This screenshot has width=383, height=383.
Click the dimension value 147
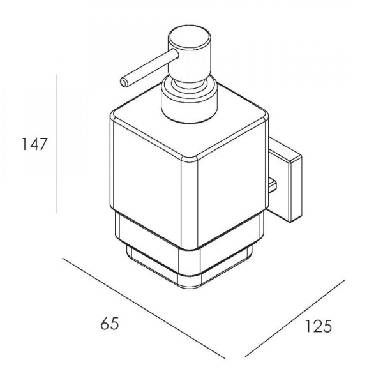point(34,144)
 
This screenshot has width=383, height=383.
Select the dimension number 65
point(110,324)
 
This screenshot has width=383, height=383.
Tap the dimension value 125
point(319,326)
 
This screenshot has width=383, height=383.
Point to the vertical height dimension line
point(57,144)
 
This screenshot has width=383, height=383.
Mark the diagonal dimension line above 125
point(295,319)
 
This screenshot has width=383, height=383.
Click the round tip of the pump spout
point(124,82)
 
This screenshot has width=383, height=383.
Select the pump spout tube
point(149,68)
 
